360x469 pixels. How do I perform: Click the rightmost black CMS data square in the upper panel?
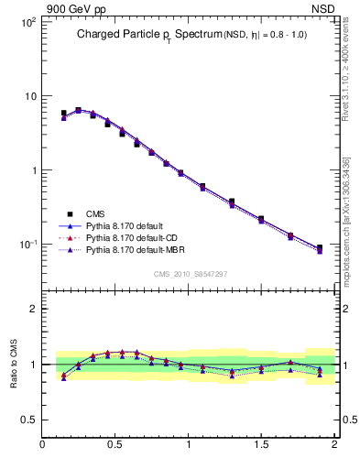[319, 248]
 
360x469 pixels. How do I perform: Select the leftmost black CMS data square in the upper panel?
[63, 114]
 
